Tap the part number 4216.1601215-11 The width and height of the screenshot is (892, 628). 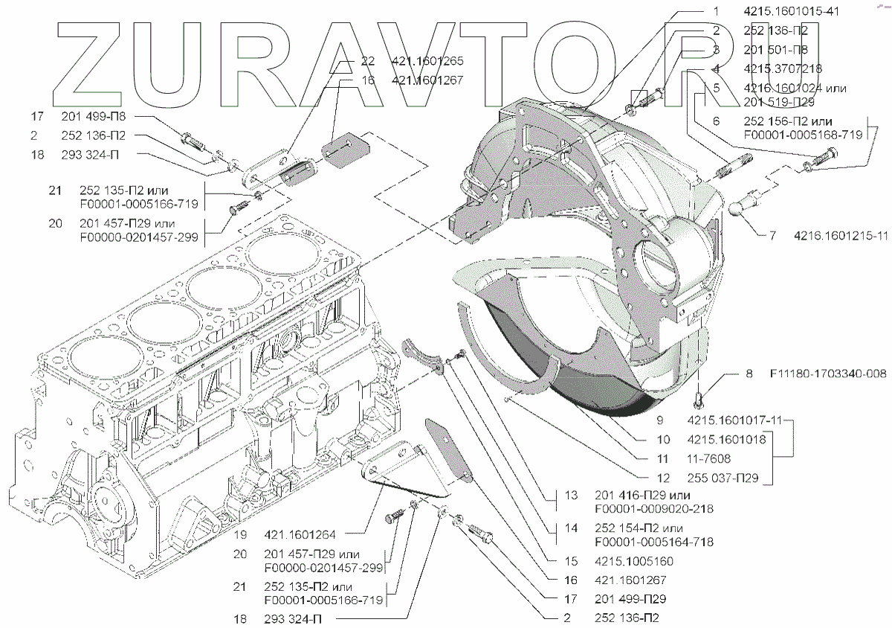coord(840,237)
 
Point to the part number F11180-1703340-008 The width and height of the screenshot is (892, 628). coord(828,374)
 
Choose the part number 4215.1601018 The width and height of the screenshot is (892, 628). coord(726,440)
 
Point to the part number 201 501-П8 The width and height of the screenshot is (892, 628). coord(775,49)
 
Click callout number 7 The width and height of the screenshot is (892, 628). coord(772,237)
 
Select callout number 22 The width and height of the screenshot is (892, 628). coord(369,60)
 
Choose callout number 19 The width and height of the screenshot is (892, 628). coord(239,534)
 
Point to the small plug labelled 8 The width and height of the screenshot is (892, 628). coord(700,399)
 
